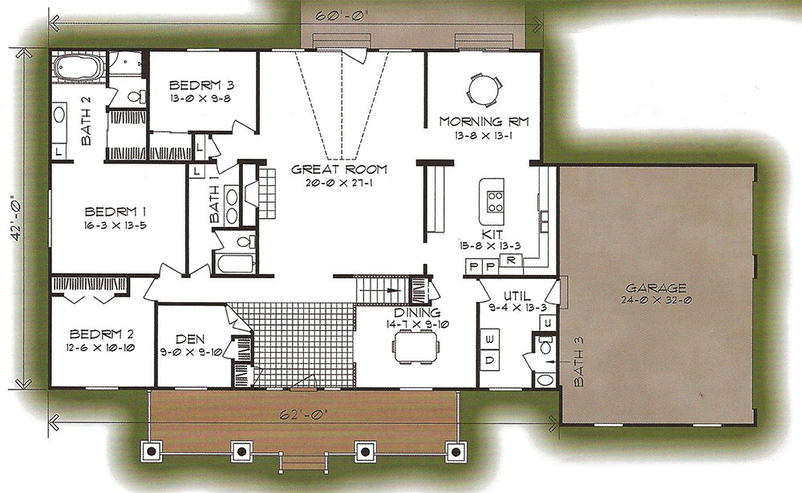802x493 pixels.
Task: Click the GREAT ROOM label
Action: tap(339, 169)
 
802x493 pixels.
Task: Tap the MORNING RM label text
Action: tap(484, 122)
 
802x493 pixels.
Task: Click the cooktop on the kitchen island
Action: tap(495, 201)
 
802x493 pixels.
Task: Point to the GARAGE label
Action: tap(656, 288)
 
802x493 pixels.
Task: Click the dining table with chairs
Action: tap(415, 346)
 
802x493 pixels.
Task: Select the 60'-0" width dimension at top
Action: tap(335, 15)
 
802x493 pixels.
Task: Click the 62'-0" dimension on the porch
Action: tap(304, 414)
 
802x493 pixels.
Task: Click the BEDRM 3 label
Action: tap(201, 85)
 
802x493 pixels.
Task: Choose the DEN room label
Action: tap(190, 339)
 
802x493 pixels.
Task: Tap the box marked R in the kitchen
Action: tap(510, 260)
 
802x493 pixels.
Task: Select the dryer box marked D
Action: tap(490, 360)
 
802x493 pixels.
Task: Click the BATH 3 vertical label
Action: tap(578, 362)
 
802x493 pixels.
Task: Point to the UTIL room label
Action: tap(517, 296)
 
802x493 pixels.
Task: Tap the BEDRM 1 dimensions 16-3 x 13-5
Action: tap(116, 225)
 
